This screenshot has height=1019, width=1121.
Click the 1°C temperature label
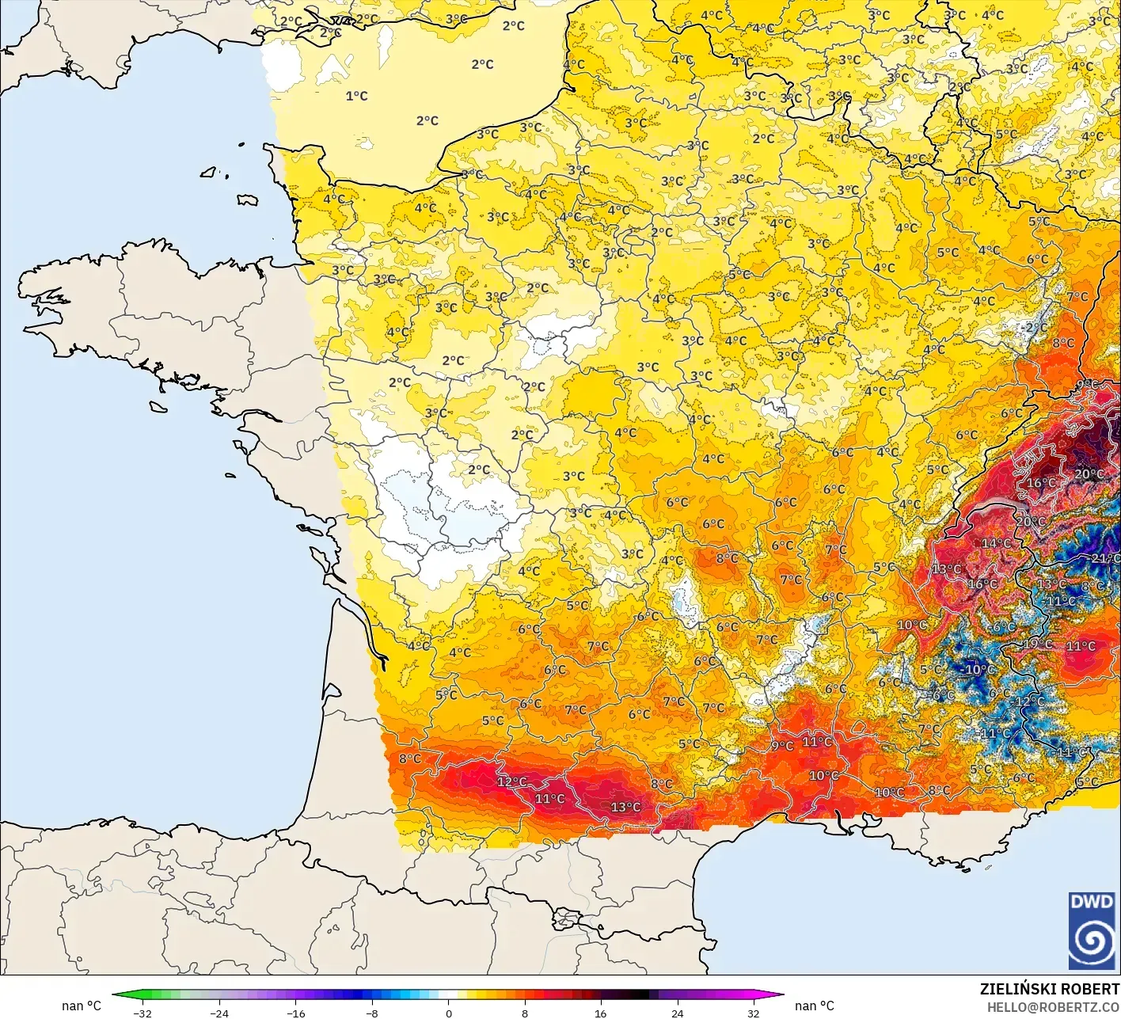(x=356, y=96)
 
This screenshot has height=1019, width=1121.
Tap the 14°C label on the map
(x=996, y=543)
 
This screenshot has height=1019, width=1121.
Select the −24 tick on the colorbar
(x=218, y=1013)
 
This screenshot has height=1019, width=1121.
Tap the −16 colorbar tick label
(x=295, y=1013)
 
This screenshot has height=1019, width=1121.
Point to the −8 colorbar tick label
(x=372, y=1013)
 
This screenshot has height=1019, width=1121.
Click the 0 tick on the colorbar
(x=448, y=1013)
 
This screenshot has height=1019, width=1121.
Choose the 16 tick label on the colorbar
(x=601, y=1013)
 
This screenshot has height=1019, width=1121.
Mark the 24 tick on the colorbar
(x=677, y=1013)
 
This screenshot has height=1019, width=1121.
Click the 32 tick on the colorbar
(x=753, y=1013)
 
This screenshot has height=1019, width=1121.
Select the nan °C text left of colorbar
(x=82, y=1006)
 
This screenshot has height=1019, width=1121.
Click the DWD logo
(x=1091, y=930)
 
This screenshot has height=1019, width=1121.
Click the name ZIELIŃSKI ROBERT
(x=1049, y=989)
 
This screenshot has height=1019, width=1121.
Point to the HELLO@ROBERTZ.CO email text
(x=1053, y=1006)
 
